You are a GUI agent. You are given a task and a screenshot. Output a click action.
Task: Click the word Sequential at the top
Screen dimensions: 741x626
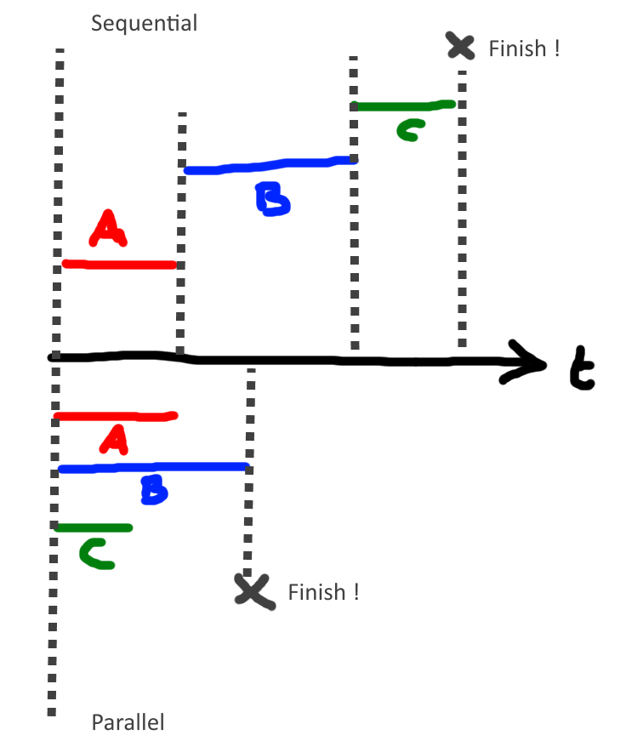coord(144,23)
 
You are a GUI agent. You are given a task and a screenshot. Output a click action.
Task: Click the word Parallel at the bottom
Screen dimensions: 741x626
coord(128,723)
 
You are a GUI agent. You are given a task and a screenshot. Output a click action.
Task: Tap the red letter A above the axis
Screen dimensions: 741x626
coord(108,229)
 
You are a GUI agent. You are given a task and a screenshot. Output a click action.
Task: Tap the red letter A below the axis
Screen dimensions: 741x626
coord(113,439)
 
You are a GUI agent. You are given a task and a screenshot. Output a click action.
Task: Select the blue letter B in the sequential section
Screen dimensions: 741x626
coord(272,200)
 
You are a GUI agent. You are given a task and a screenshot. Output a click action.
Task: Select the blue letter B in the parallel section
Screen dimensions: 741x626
coord(154,490)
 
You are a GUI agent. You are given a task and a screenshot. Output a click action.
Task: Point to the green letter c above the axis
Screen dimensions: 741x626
coord(409,130)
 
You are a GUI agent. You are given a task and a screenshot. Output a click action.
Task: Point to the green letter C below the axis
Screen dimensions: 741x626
coord(96,554)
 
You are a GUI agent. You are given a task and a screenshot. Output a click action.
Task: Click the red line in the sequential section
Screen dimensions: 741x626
coord(119,265)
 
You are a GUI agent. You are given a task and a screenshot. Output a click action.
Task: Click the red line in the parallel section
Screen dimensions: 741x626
coord(115,416)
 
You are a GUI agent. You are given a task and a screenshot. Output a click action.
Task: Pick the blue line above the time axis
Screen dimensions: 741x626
coord(268,165)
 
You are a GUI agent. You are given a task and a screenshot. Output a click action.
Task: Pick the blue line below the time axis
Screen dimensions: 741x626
coord(153,467)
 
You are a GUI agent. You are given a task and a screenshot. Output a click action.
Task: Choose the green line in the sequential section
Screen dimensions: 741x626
coord(403,106)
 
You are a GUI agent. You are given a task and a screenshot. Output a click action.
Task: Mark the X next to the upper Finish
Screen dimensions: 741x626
coord(460,45)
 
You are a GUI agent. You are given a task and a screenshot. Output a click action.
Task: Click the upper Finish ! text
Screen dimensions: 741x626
coord(524,48)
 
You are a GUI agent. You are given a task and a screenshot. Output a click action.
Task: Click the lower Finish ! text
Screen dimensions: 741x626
coord(323,592)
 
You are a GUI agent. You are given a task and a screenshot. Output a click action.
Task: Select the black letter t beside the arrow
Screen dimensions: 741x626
coord(580,370)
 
